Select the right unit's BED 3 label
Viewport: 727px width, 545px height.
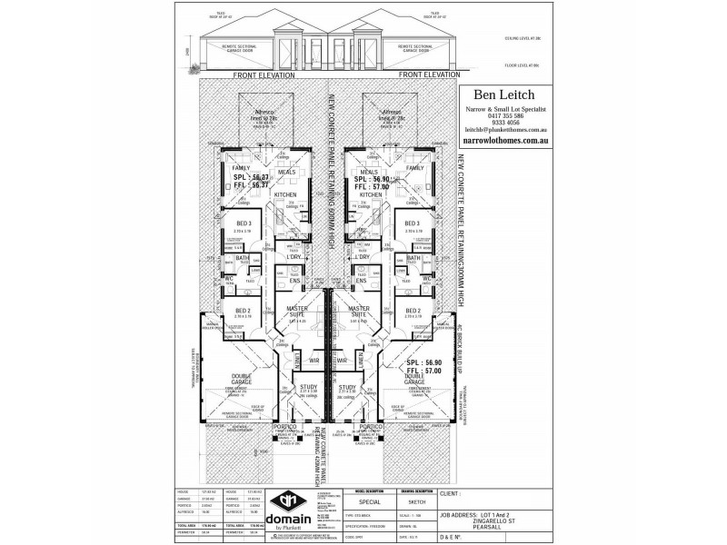tap(412, 223)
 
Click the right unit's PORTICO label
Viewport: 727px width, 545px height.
tap(370, 426)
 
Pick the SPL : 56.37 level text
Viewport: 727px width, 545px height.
tap(245, 178)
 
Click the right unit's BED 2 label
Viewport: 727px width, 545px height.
tap(412, 311)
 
